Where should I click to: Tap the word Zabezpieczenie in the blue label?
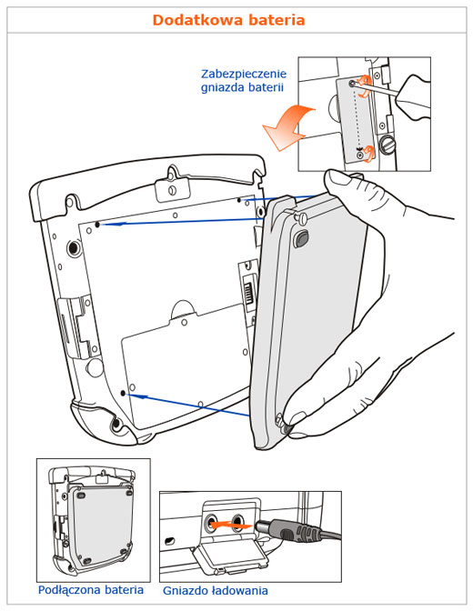click(244, 74)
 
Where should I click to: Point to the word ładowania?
click(239, 590)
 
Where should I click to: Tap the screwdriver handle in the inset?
click(413, 97)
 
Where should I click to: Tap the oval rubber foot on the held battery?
click(300, 238)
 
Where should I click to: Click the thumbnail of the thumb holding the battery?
click(337, 178)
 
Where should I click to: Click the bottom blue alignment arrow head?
click(141, 396)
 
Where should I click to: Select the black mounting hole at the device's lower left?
click(123, 394)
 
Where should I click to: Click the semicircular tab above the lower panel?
click(183, 308)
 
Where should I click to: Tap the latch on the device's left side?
click(76, 326)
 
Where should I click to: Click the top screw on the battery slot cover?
click(352, 83)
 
